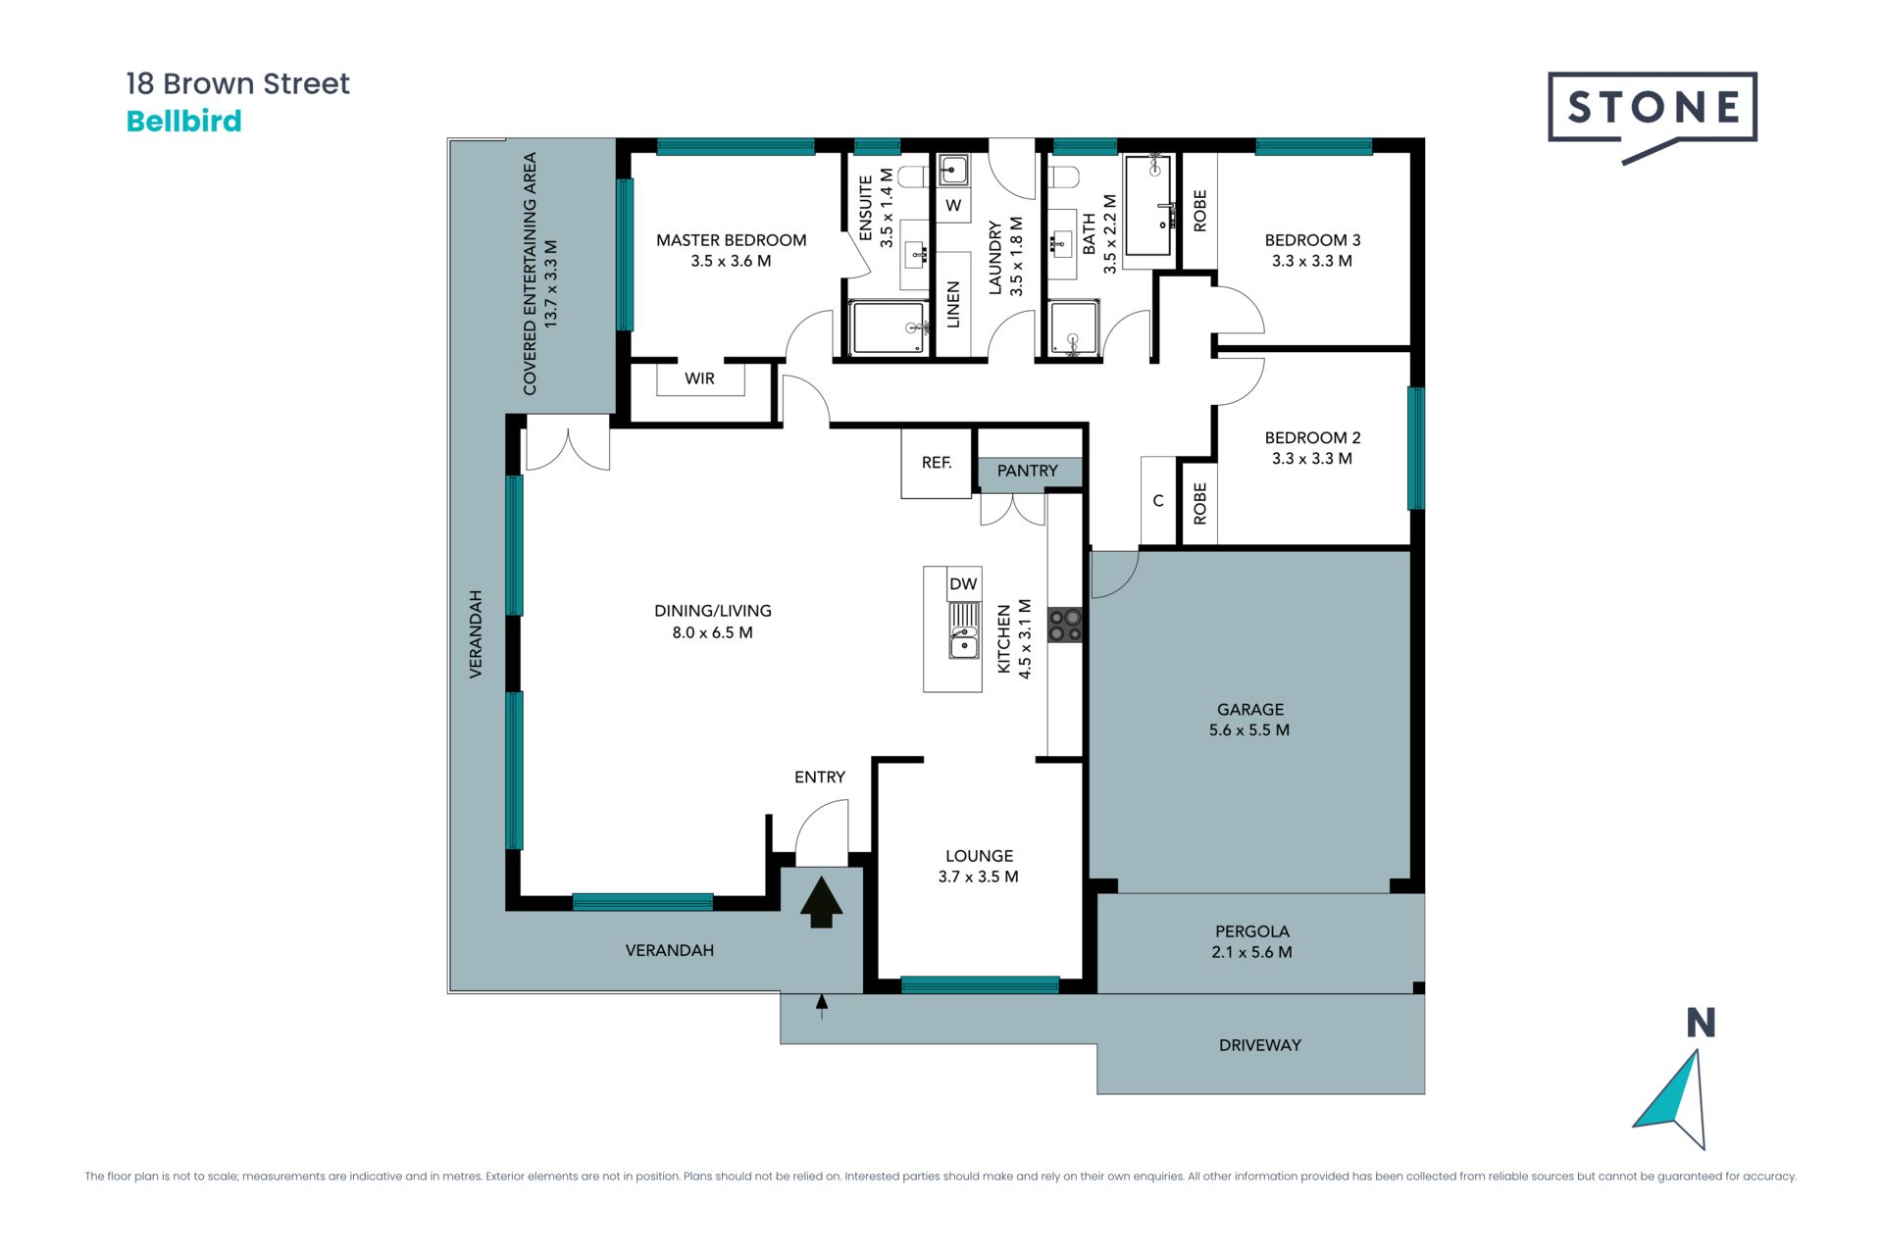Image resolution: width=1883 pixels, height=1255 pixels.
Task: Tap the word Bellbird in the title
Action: coord(184,122)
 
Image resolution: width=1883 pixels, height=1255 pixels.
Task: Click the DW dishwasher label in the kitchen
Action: coord(963,584)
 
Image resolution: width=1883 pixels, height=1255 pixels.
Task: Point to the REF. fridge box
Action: coord(937,463)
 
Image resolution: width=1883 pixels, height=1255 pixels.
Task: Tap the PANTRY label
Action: coord(1027,471)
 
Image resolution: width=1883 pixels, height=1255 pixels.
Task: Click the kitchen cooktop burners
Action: coord(1065,626)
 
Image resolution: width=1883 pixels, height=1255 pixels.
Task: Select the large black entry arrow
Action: coord(821,902)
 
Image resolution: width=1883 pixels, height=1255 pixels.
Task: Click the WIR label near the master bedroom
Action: coord(699,378)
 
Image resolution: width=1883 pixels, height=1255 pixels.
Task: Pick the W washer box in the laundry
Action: coord(953,206)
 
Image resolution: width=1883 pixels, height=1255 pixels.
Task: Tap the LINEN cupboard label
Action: coord(953,305)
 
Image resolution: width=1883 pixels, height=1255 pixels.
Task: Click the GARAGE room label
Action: coord(1250,709)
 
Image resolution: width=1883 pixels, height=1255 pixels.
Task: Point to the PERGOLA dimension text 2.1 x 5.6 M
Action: coord(1251,952)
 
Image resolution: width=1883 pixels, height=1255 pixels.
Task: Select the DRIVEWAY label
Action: coord(1260,1045)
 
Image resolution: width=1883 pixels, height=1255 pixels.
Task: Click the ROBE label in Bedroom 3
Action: coord(1199,211)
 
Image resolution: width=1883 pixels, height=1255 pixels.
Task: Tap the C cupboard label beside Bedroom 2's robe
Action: coord(1158,501)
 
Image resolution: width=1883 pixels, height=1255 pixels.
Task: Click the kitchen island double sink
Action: coord(964,631)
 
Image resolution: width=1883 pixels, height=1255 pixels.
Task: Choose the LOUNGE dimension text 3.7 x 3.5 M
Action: coord(978,877)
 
